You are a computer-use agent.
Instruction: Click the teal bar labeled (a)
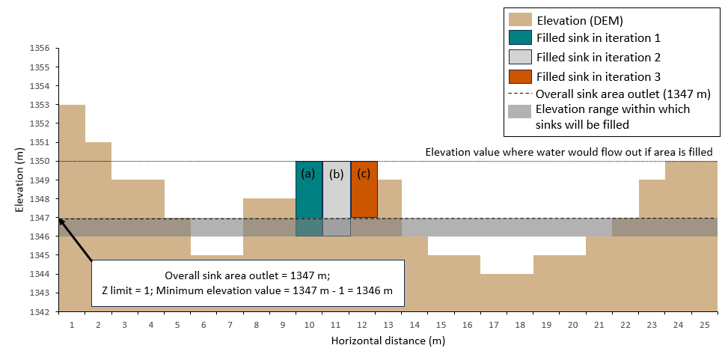tap(309, 198)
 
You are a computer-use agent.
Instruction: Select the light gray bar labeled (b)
tap(336, 198)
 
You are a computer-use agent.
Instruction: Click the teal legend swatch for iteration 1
tap(519, 37)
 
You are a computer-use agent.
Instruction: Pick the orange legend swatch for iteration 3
tap(519, 76)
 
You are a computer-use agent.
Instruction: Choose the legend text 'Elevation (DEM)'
tap(580, 19)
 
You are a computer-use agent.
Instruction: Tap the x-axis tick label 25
tap(704, 325)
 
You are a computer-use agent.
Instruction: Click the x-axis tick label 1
tap(72, 325)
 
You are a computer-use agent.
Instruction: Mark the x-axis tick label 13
tap(388, 325)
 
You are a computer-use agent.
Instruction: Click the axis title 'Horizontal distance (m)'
tap(388, 341)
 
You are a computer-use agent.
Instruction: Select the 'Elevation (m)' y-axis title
tap(19, 180)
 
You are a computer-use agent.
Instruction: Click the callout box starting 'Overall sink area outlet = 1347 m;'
tap(248, 283)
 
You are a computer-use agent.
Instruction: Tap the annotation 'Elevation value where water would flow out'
tap(569, 152)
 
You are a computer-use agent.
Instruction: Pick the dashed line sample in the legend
tap(519, 94)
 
